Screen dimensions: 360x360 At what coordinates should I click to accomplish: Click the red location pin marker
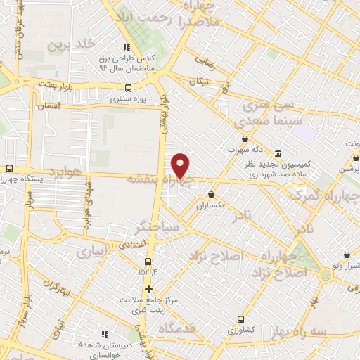click(181, 165)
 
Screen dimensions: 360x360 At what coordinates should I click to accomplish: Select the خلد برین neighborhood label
click(70, 44)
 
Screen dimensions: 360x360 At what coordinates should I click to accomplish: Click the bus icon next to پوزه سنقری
click(127, 88)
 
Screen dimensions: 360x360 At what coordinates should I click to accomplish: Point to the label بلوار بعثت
click(47, 83)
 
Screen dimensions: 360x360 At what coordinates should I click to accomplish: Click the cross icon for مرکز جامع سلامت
click(148, 289)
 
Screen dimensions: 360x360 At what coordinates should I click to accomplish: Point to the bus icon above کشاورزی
click(241, 319)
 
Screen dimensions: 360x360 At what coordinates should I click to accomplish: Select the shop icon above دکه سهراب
click(244, 139)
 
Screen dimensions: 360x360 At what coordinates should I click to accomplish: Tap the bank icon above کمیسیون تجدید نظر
click(278, 153)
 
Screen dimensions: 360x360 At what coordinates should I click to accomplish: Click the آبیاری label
click(92, 250)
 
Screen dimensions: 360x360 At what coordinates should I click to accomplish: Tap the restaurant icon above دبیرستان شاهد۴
click(105, 333)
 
